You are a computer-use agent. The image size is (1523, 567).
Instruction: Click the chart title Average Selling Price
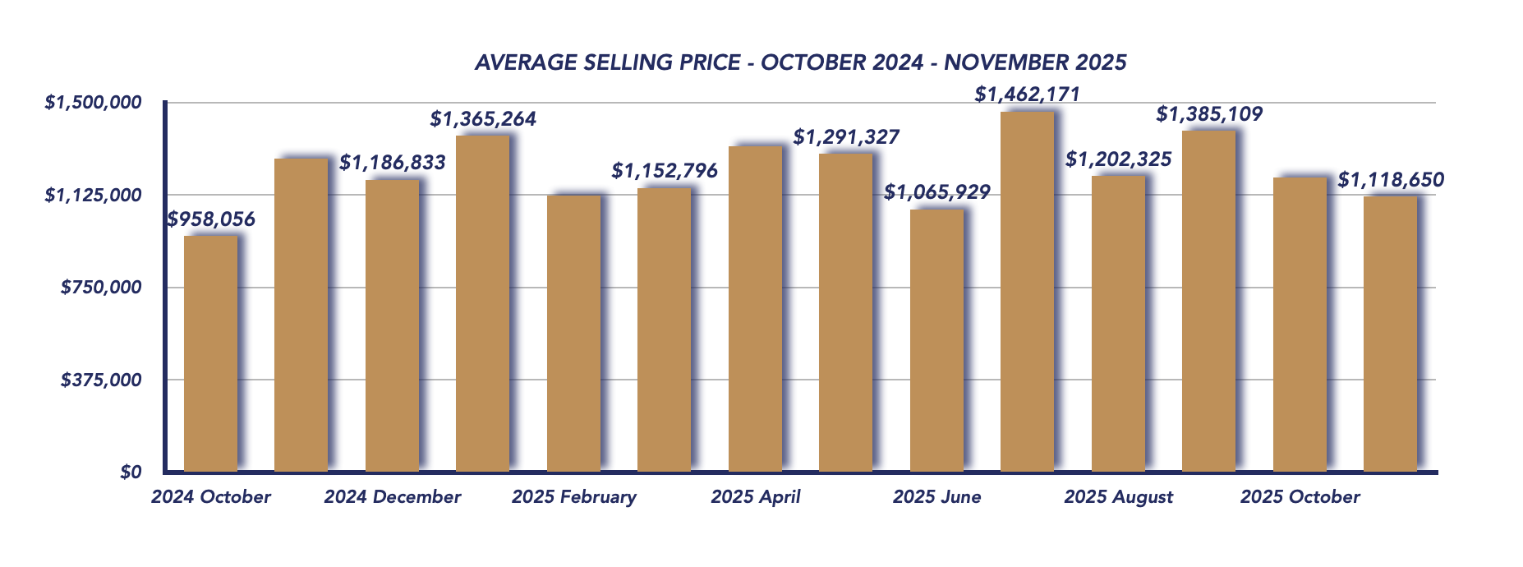tap(800, 62)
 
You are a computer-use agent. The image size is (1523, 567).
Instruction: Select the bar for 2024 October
tap(210, 353)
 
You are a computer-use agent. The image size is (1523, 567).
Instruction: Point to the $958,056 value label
tap(211, 219)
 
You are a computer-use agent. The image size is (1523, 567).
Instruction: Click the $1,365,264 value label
tap(483, 119)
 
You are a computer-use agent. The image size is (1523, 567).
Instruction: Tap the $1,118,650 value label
tap(1391, 180)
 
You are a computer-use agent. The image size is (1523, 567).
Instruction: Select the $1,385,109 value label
tap(1209, 114)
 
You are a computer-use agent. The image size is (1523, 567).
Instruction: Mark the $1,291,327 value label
tap(846, 137)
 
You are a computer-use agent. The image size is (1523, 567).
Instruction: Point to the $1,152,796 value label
tap(665, 171)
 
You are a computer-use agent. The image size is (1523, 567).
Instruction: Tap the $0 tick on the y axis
tap(131, 472)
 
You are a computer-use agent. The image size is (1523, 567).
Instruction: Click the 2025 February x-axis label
tap(574, 497)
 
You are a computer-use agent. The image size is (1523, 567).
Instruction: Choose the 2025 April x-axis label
tap(756, 497)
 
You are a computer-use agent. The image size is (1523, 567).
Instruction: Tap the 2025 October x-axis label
tap(1300, 497)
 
